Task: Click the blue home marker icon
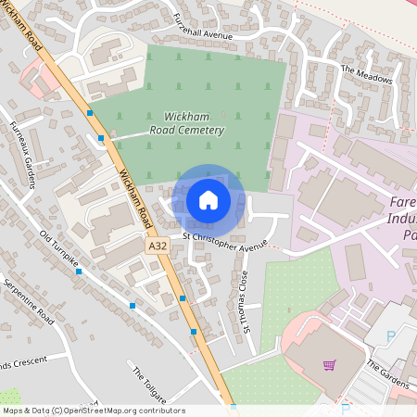click(208, 199)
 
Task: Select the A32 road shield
click(158, 246)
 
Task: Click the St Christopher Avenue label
click(224, 244)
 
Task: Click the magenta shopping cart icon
click(329, 364)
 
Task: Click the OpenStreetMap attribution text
click(93, 410)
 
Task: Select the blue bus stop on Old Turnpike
click(79, 272)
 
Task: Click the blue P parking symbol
click(390, 335)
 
